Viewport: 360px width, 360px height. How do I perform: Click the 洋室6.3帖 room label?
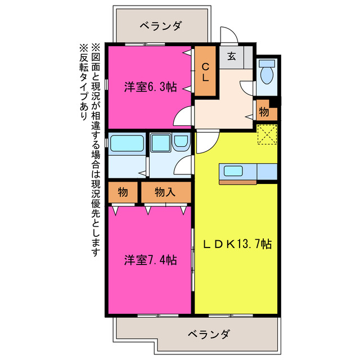coord(150,87)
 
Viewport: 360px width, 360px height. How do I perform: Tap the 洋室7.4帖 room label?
coord(150,260)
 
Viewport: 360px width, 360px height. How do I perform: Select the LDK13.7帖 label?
coord(237,244)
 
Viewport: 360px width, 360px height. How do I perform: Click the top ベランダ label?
coord(160,26)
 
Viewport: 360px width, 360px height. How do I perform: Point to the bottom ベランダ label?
coord(207,335)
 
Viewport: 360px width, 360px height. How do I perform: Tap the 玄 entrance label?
coord(231,56)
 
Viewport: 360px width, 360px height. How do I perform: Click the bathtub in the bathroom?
coord(127,144)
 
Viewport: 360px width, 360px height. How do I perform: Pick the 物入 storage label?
coord(165,192)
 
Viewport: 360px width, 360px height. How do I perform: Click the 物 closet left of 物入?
coord(123,192)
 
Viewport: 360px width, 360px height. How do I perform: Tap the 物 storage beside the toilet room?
coord(264,111)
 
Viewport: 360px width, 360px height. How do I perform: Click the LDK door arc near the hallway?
coord(204,143)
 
